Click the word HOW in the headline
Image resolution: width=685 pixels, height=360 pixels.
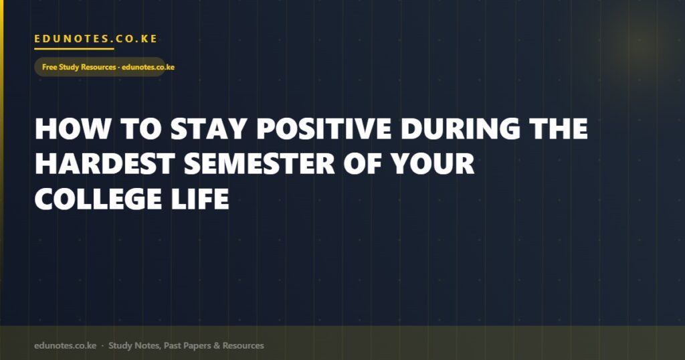point(72,128)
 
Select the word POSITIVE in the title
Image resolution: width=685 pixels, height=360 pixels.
point(324,128)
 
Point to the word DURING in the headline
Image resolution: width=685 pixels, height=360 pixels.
point(460,128)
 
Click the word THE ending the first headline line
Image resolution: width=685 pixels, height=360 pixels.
point(559,128)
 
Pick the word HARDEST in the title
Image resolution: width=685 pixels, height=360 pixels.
point(105,164)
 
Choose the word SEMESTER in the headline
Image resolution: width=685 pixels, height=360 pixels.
point(260,164)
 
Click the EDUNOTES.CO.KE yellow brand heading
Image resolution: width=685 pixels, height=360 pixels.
point(96,38)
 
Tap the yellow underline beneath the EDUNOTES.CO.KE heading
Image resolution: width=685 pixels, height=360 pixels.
point(74,49)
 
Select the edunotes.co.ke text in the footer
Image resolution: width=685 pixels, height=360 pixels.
point(65,345)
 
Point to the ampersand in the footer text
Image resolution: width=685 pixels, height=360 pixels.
point(217,345)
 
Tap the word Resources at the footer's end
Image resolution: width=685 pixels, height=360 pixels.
point(243,345)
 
